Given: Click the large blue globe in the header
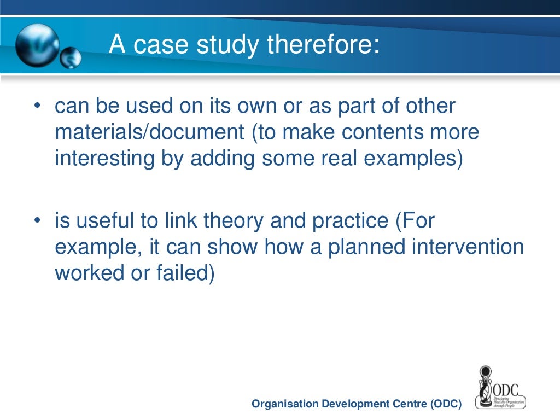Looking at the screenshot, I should point(37,45).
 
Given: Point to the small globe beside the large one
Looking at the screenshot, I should point(71,58).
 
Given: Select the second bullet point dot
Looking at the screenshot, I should point(37,221).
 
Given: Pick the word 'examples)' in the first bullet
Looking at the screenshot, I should point(416,159).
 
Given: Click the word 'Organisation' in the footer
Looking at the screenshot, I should point(284,404).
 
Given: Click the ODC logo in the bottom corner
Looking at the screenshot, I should point(498,387).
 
